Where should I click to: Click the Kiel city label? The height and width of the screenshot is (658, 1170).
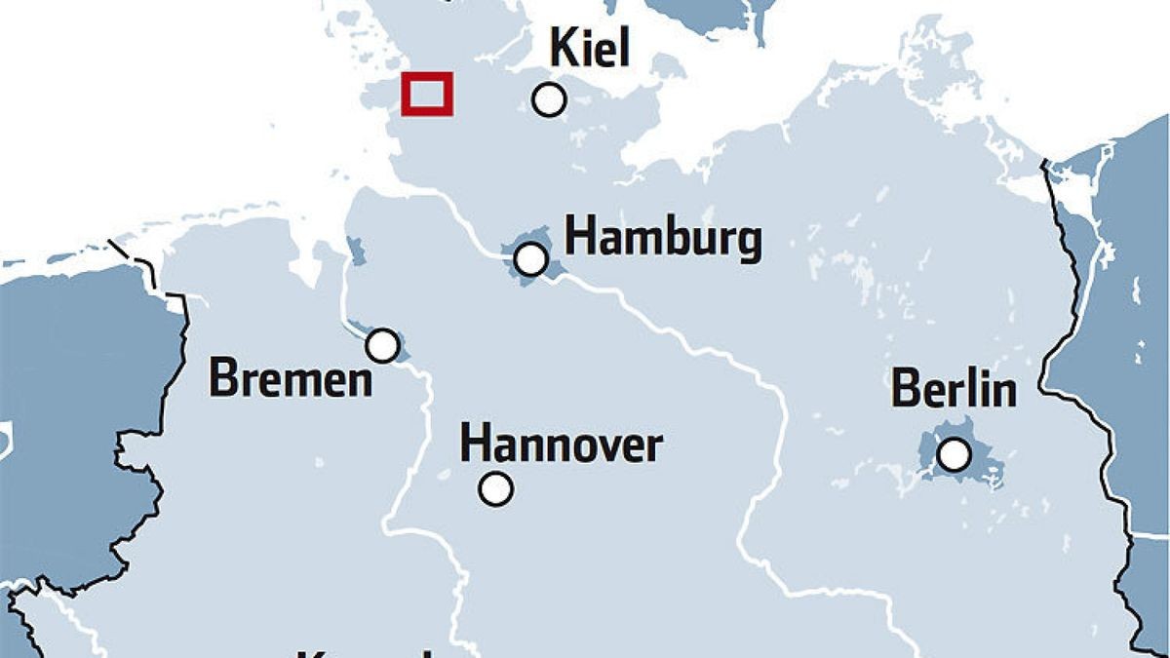click(590, 48)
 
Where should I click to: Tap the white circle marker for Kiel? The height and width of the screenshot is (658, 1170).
click(550, 99)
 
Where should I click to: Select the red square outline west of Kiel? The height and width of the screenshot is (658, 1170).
click(427, 94)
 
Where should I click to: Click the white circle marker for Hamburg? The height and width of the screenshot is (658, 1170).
click(530, 259)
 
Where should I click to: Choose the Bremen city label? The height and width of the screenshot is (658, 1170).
click(291, 379)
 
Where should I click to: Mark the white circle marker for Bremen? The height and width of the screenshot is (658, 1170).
click(382, 345)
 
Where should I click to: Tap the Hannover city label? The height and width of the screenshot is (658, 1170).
click(561, 445)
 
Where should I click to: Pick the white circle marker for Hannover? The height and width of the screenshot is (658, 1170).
click(496, 488)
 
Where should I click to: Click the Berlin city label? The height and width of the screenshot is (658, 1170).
click(954, 390)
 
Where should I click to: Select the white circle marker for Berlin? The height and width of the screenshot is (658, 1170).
click(954, 454)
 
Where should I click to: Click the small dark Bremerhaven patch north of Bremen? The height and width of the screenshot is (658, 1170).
click(356, 251)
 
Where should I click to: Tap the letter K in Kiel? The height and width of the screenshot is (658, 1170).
click(564, 48)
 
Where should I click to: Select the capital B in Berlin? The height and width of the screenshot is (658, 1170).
click(905, 390)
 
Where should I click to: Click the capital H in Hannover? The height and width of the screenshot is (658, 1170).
click(474, 445)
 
